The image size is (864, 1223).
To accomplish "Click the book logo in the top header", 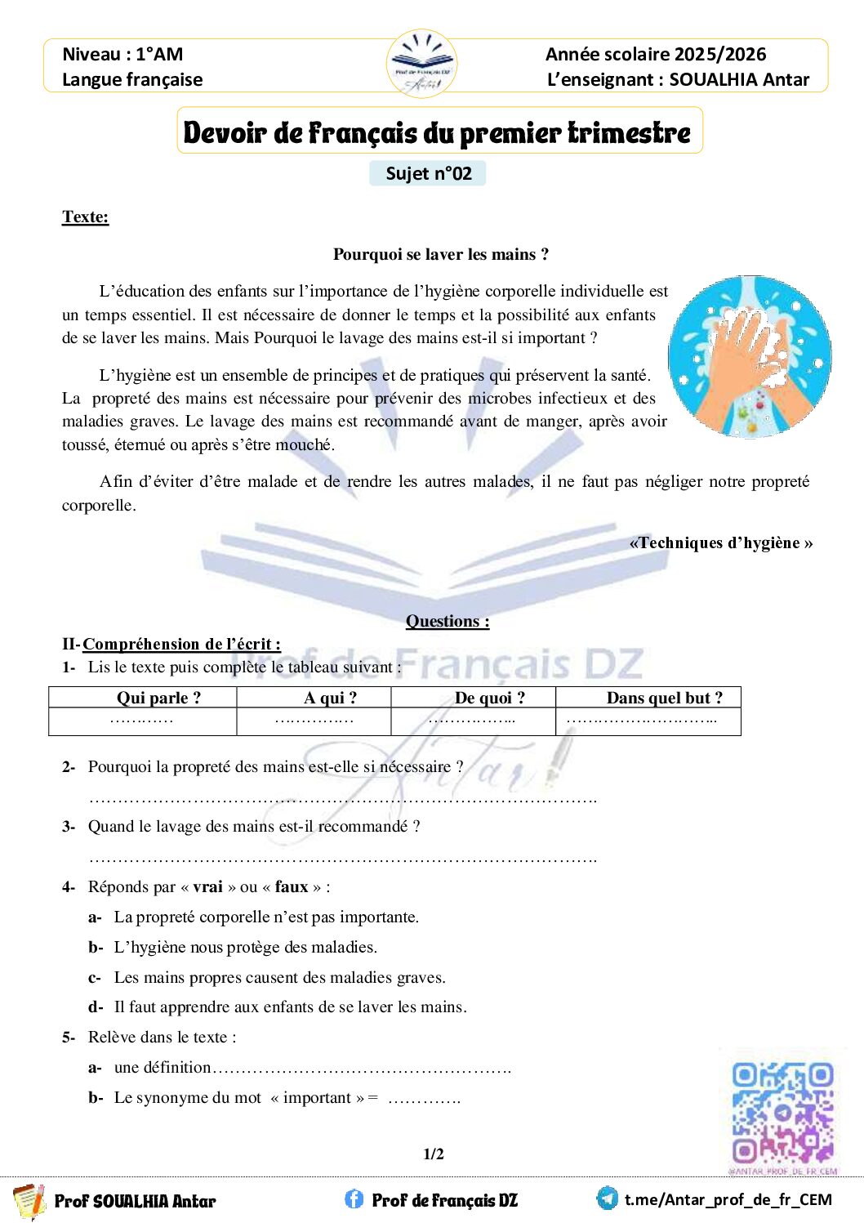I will coord(421,63).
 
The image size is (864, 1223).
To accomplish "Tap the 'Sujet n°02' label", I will coord(428,173).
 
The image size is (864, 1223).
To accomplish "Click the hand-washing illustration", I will coord(750,356).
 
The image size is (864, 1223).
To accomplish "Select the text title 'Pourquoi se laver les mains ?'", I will coord(441,254).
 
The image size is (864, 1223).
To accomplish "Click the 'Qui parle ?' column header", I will coord(158,698).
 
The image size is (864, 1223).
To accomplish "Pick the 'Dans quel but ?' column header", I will coord(664,698).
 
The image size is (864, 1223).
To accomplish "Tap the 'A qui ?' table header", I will coord(330,698).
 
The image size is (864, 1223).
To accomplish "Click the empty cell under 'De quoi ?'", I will coord(473,721).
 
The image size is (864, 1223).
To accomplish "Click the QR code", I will coord(782,1112).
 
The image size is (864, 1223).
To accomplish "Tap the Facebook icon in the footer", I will coord(354,1198).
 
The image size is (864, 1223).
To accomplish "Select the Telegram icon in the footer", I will coord(607,1198).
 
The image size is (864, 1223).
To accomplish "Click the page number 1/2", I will coord(434,1154).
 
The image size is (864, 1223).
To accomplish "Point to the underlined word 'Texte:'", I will coord(85,216).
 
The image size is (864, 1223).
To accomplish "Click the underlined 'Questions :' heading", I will coord(448,621).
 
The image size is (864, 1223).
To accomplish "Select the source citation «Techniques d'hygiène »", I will coord(720,542).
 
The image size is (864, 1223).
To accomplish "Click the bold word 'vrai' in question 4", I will coord(207,886).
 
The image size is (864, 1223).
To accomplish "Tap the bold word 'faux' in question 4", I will coord(292,886).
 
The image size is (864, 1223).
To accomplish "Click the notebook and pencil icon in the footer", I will coord(29,1200).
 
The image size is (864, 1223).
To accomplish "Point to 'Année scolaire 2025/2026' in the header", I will coord(656,54).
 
